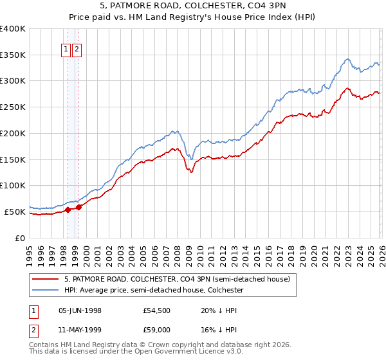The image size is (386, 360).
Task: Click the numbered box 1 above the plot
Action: coord(66,50)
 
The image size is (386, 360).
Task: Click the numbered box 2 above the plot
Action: coord(77,50)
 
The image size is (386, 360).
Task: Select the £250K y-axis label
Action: coord(12,107)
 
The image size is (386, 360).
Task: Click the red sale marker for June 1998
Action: coord(68,209)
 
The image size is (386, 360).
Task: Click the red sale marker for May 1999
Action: coord(78,207)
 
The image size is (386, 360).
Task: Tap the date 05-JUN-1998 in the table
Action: coord(80,310)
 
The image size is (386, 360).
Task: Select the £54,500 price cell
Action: coord(158,310)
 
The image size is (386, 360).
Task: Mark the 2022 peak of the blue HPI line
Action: coord(347,59)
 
